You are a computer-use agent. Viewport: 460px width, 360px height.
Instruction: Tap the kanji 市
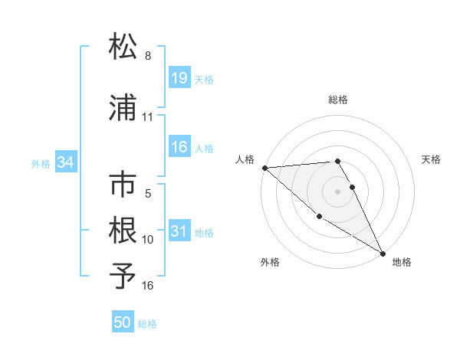click(x=123, y=185)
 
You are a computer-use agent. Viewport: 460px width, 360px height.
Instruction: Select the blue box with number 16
click(x=179, y=148)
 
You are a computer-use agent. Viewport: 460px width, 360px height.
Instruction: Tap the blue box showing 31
click(x=179, y=232)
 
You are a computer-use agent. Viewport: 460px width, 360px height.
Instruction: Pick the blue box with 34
click(x=66, y=162)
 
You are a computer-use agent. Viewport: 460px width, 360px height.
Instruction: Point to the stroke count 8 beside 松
click(x=148, y=56)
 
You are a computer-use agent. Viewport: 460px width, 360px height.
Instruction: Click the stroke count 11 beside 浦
click(x=148, y=118)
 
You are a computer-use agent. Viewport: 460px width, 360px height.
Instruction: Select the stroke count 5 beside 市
click(x=148, y=195)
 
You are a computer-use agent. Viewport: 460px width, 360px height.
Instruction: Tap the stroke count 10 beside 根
click(x=148, y=240)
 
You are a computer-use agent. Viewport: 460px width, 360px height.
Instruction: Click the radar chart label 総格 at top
click(x=338, y=100)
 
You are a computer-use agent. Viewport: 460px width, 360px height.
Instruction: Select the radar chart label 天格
click(x=431, y=159)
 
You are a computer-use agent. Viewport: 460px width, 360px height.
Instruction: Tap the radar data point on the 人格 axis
click(x=264, y=168)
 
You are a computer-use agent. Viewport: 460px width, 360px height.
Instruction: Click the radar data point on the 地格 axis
click(x=383, y=253)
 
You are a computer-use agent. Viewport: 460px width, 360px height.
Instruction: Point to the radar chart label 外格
click(x=270, y=263)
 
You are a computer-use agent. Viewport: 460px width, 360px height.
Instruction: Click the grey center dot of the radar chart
click(x=338, y=191)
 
